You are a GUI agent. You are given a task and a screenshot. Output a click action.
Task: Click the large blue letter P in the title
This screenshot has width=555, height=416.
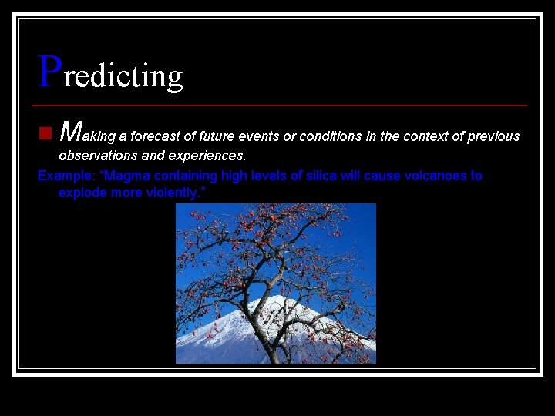coord(49,71)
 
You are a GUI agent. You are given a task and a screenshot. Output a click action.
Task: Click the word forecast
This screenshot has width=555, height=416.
coord(155,136)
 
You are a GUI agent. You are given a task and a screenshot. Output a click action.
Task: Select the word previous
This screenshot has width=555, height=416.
coord(493,136)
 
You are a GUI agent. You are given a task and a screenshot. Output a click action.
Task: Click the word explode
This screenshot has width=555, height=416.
coord(82,193)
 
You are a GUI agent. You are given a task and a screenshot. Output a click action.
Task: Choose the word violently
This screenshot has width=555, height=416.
coord(174,193)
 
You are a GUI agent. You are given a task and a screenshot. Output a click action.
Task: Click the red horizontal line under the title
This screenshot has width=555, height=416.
coord(281,105)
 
